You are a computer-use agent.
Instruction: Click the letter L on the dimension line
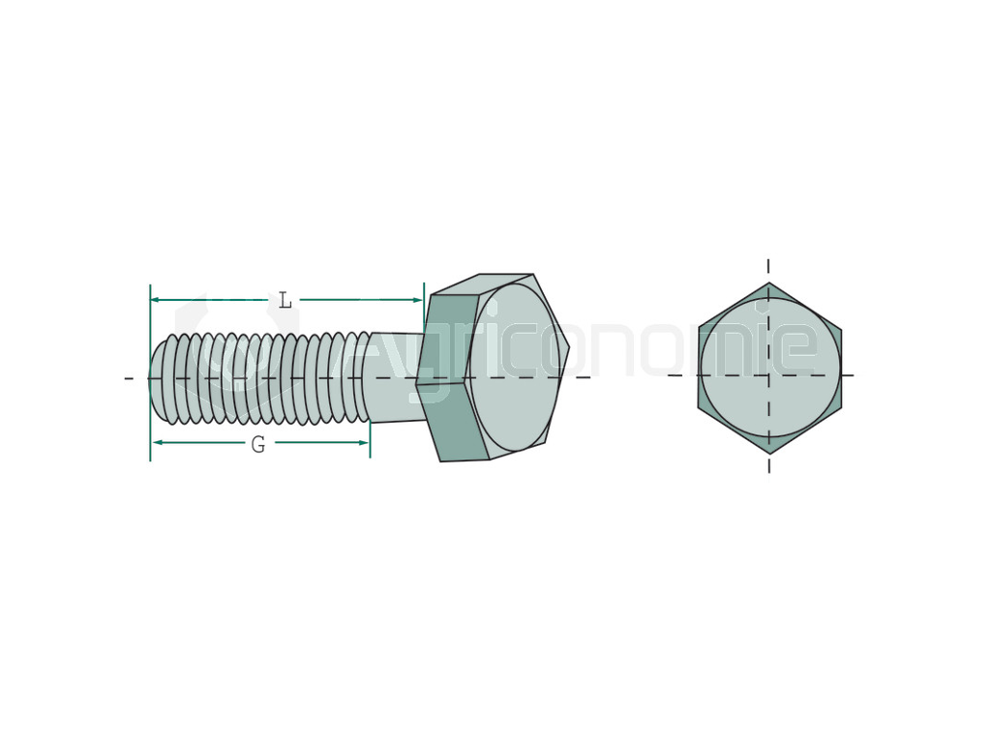point(285,301)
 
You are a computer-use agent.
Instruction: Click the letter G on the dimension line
point(258,445)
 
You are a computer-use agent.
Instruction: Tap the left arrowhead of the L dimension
point(156,300)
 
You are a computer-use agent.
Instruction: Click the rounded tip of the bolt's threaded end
point(157,377)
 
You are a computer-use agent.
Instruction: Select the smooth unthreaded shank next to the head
point(395,377)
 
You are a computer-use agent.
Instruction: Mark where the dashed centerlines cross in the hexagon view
point(769,375)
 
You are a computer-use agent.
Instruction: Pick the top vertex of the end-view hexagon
point(769,283)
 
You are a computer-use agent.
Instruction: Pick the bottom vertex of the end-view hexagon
point(769,453)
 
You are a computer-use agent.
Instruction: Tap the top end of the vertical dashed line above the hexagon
point(768,262)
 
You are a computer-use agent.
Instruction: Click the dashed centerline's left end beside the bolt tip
point(129,377)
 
